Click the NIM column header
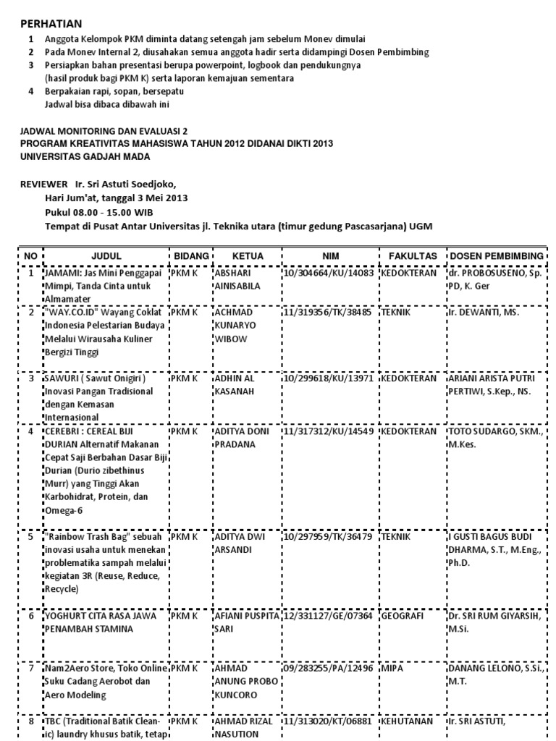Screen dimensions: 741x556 [x=329, y=256]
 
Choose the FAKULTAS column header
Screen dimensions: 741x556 [x=413, y=256]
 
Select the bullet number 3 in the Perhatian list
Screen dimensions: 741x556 [x=30, y=65]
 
